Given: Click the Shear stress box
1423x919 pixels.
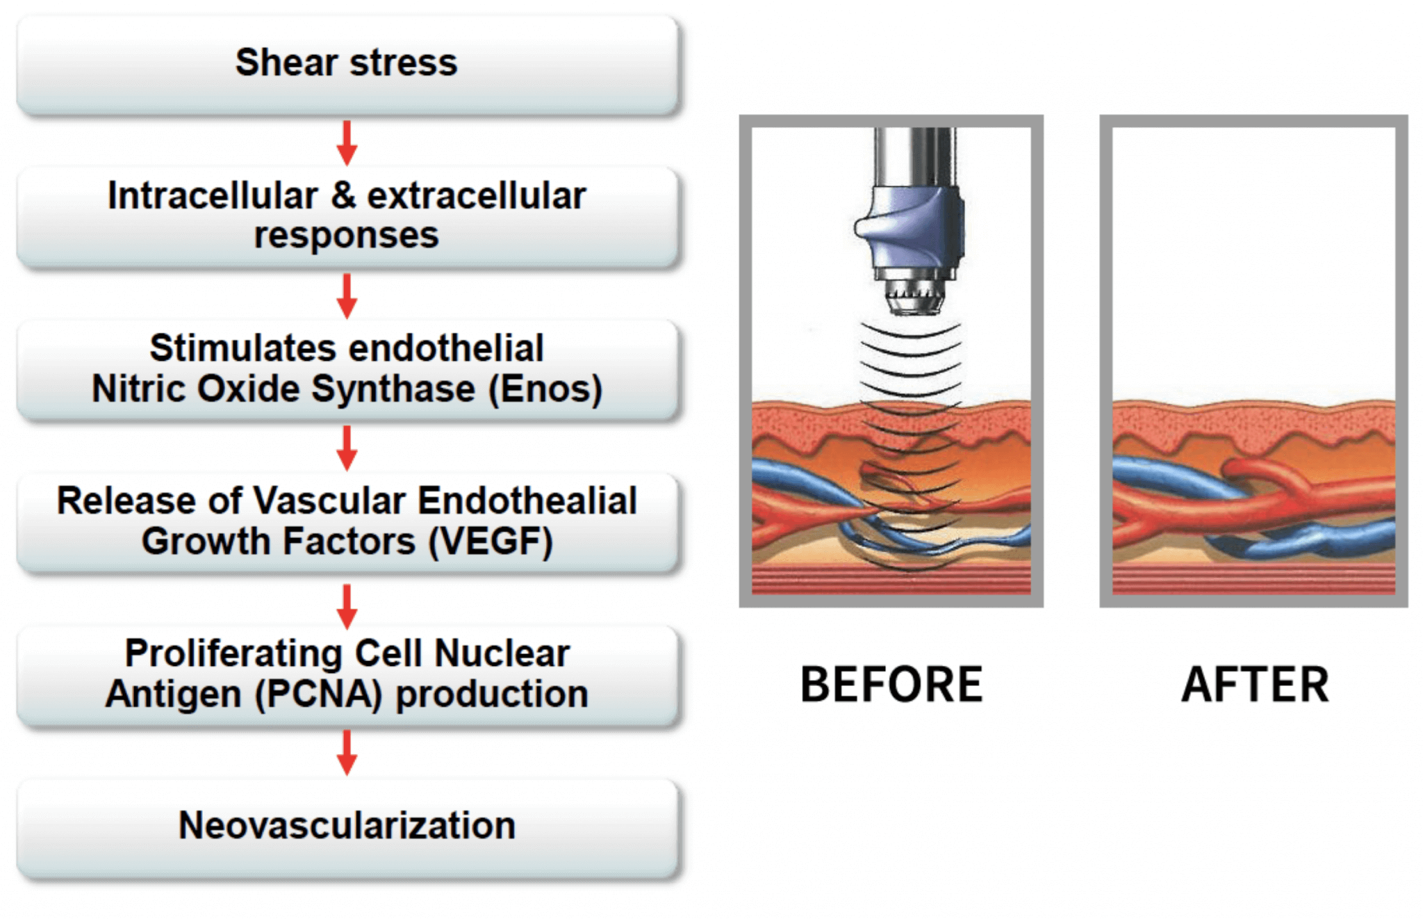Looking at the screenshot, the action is coord(347,64).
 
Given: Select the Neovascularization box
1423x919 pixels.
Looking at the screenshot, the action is coord(347,827).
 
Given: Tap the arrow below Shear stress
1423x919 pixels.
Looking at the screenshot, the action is coord(347,143).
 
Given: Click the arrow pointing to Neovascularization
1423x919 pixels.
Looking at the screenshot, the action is coord(347,753).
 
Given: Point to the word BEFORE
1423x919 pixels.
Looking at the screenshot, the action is coord(891,685).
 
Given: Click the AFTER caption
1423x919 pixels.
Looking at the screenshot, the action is coord(1255,685).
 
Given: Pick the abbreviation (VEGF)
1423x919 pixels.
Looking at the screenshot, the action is coord(491,542).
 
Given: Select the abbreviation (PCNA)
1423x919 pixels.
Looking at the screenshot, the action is coord(318,694).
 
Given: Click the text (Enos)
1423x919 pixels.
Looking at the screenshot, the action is coord(545,389).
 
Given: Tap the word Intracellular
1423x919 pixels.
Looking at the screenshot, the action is coord(213,195).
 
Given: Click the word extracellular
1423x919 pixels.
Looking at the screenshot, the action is coord(477,195).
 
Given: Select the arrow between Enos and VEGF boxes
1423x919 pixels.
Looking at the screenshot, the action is coord(347,448).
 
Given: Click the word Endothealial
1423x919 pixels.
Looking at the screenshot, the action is coord(527,501).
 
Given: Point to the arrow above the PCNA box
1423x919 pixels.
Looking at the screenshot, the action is coord(347,606).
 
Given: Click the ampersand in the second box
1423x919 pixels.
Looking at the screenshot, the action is coord(343,195).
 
